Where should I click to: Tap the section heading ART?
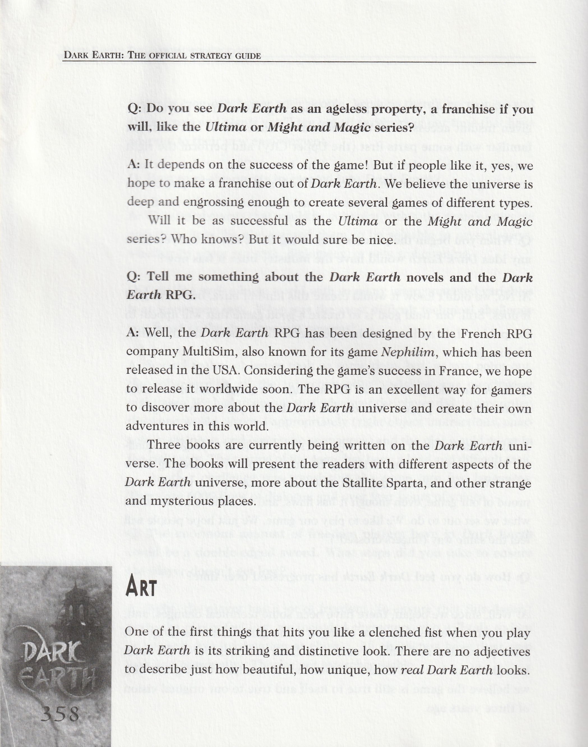pos(141,587)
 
